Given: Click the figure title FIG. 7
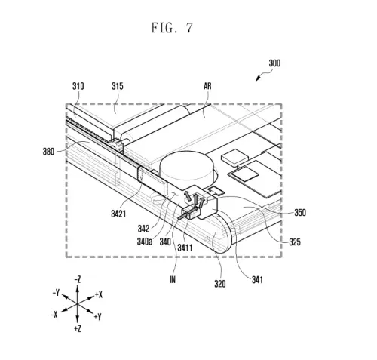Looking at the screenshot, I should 173,29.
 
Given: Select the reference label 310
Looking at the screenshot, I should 78,87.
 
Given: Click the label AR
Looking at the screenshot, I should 207,87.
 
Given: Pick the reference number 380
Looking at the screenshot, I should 49,151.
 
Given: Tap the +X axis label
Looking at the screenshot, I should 100,294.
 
